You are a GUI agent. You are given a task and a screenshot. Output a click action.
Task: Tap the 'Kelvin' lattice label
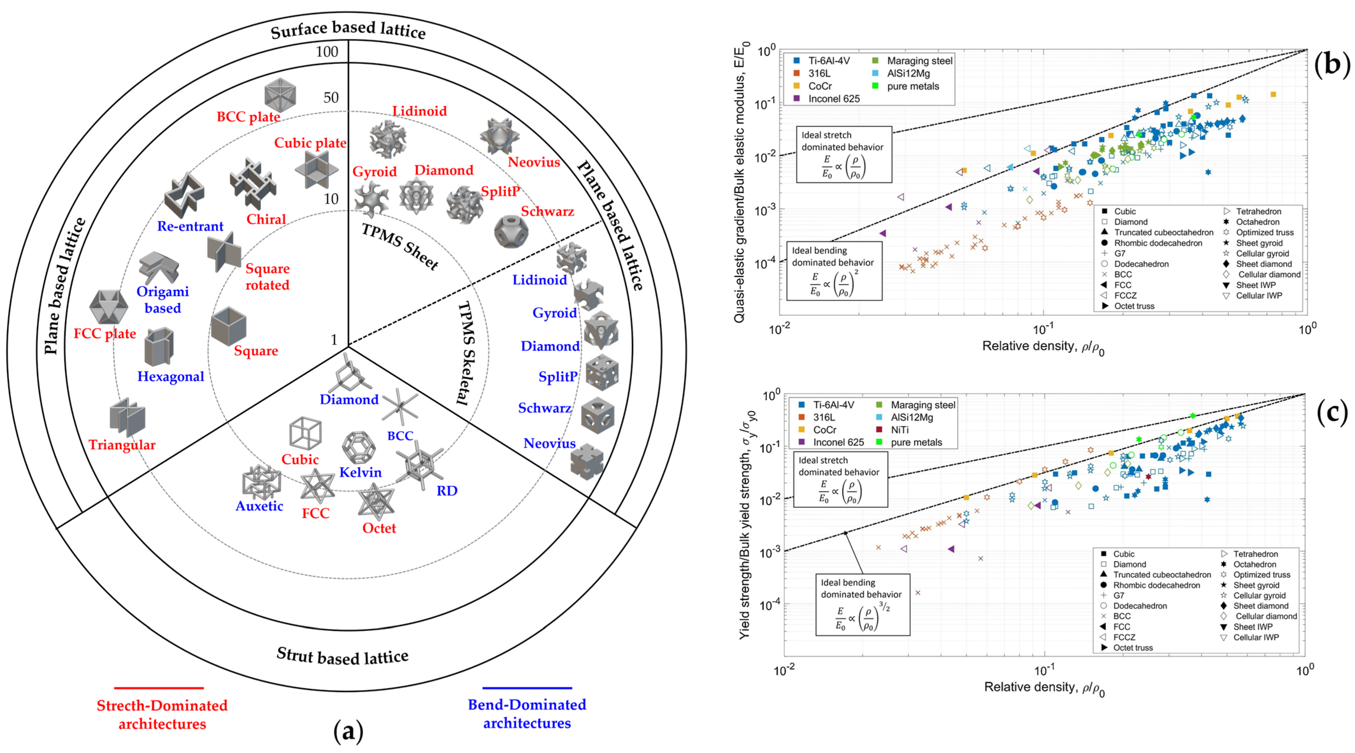coord(360,472)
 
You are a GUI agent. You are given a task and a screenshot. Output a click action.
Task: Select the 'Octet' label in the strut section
coord(379,528)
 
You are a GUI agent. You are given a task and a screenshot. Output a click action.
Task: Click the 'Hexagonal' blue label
coord(170,376)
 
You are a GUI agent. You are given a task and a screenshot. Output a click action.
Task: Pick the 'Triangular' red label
coord(122,445)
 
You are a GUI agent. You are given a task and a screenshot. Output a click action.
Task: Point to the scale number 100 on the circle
coord(327,52)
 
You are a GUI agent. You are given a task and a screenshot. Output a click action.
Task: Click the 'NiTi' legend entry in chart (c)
coord(900,430)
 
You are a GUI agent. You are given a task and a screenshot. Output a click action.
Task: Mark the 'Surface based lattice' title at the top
coord(348,30)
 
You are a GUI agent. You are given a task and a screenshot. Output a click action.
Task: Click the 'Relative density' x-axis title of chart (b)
coord(1043,347)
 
